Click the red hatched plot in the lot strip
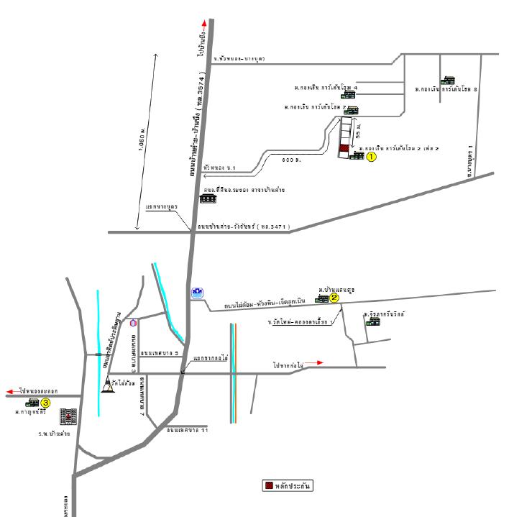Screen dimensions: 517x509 (x=344, y=150)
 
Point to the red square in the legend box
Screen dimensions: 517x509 (x=269, y=485)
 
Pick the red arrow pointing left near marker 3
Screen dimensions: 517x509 (x=10, y=391)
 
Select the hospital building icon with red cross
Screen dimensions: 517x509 (x=68, y=416)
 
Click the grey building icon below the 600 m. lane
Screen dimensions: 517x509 (x=208, y=198)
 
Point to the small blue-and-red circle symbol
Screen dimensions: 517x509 (x=133, y=323)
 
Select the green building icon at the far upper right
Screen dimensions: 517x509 (x=449, y=81)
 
